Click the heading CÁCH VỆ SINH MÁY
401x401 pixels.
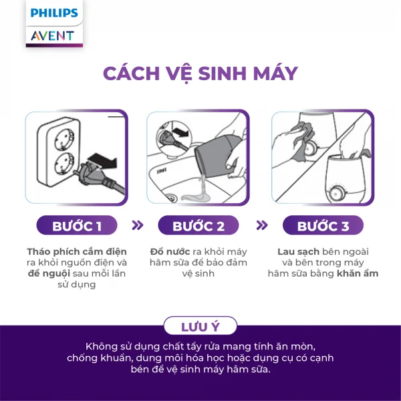click(200, 74)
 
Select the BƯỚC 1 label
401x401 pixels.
click(77, 226)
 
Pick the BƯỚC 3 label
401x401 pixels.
click(323, 226)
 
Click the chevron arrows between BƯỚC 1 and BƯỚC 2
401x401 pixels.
click(138, 225)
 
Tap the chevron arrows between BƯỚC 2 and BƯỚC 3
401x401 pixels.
click(262, 225)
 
